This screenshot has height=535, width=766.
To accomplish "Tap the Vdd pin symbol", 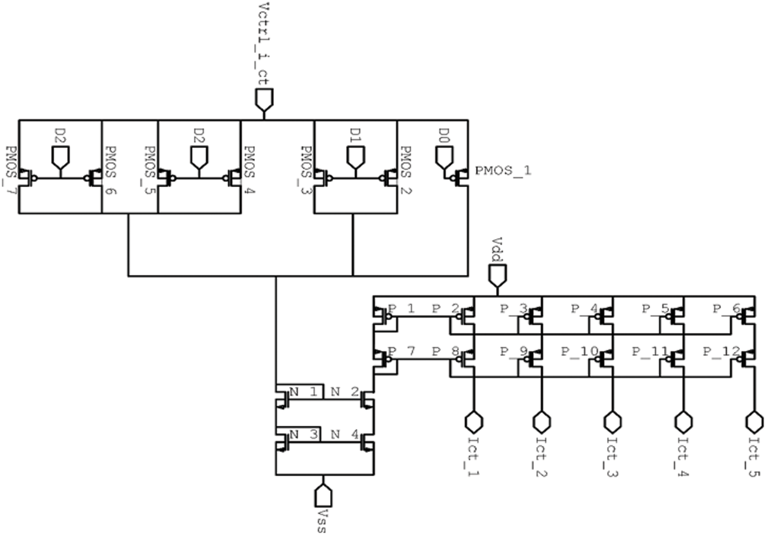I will pos(497,275).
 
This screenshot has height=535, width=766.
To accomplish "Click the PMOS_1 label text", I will pos(503,171).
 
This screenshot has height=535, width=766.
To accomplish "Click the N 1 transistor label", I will pos(303,392).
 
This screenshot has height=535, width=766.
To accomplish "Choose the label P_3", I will pos(513,309).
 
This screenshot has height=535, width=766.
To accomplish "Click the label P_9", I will pos(513,351).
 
